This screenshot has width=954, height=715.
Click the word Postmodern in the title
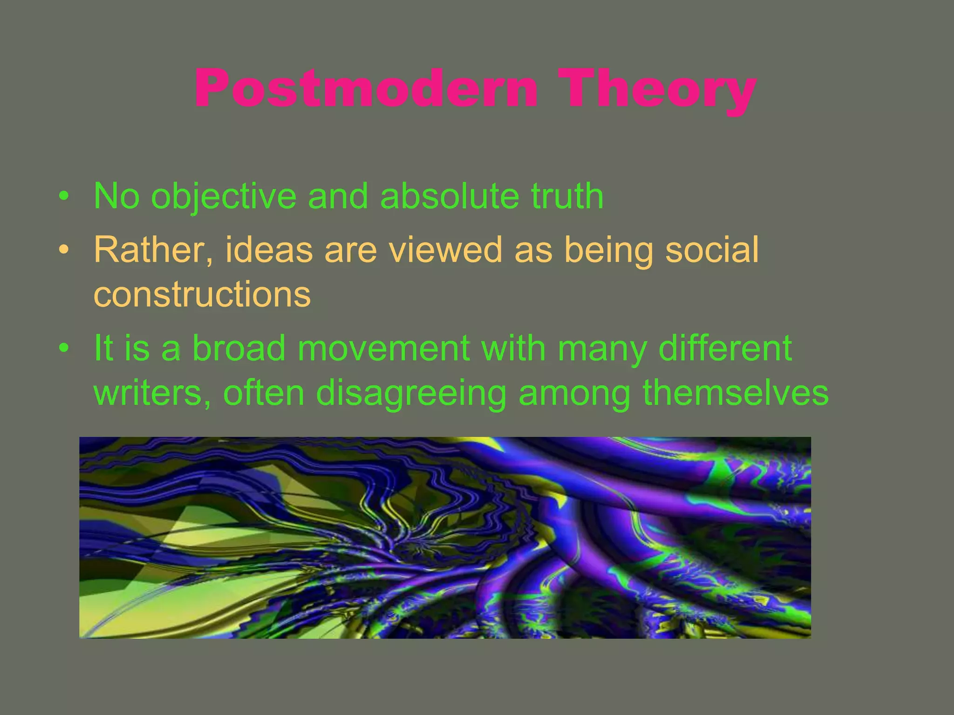point(366,88)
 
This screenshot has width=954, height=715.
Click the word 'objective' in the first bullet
point(224,196)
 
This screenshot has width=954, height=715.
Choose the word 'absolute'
point(449,196)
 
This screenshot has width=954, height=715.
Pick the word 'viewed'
point(445,250)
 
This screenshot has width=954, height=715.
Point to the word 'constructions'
point(202,294)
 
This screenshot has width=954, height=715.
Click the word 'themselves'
point(736,393)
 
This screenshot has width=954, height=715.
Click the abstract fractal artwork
point(445,538)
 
